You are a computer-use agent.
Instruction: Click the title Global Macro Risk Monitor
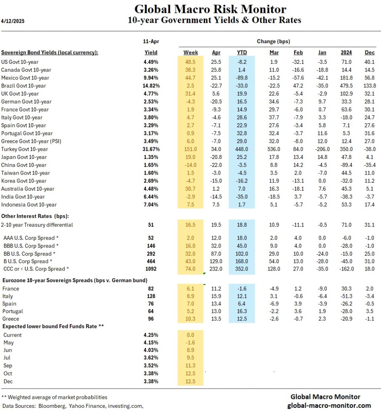pyautogui.click(x=210, y=9)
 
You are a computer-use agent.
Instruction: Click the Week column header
pyautogui.click(x=190, y=52)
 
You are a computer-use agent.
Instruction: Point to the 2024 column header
pyautogui.click(x=346, y=52)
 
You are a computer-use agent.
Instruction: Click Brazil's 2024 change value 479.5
pyautogui.click(x=346, y=85)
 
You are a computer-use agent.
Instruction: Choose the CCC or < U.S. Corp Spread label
pyautogui.click(x=36, y=269)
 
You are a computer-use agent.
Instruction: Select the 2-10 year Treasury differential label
pyautogui.click(x=37, y=225)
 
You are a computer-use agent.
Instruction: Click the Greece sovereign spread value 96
pyautogui.click(x=151, y=319)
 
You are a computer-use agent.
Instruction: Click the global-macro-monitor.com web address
pyautogui.click(x=329, y=405)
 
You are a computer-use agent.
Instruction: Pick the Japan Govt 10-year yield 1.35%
pyautogui.click(x=151, y=157)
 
